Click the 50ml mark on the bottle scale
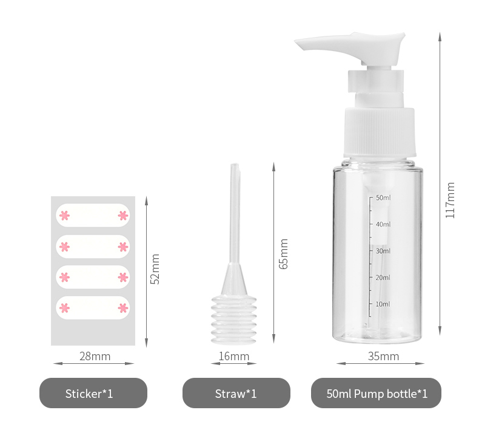tap(383, 198)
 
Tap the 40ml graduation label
tap(383, 224)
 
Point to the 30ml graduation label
tap(383, 251)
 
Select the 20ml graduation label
tap(383, 278)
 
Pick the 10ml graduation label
tap(383, 304)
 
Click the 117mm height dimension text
tap(450, 200)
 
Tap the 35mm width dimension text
tap(383, 357)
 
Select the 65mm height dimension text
tap(283, 254)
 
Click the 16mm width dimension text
tap(234, 357)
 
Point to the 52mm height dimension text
tap(155, 269)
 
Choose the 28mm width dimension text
tap(95, 357)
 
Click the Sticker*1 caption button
tap(93, 393)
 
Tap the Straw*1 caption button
tap(236, 393)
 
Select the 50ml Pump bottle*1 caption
tap(376, 393)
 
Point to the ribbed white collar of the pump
tap(380, 132)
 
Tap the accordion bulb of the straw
tap(234, 320)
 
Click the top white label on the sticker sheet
tap(93, 215)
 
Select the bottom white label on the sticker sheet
tap(93, 307)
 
